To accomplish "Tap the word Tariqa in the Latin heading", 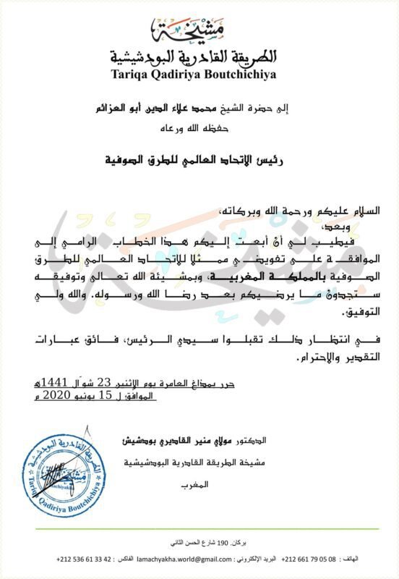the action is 133,73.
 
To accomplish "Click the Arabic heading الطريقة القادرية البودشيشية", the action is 200,56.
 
